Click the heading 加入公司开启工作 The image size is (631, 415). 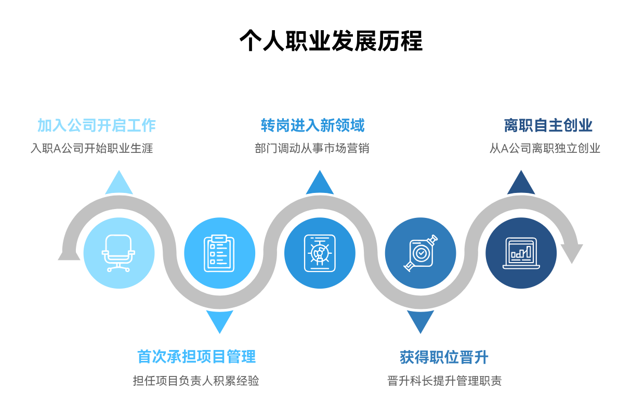(x=97, y=125)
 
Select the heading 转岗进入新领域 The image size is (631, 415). (x=313, y=125)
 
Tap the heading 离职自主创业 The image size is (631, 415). (x=548, y=125)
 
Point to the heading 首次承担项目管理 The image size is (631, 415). (x=196, y=357)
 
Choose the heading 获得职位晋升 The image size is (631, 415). (x=444, y=357)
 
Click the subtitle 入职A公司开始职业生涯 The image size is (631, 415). (x=91, y=148)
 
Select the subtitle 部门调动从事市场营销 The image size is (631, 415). (x=312, y=148)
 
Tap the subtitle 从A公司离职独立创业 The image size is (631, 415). (x=545, y=148)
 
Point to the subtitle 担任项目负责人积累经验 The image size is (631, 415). (x=196, y=381)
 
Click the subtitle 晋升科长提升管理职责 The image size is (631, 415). (x=444, y=381)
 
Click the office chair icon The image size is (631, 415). (x=119, y=253)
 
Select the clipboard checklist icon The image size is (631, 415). (x=219, y=253)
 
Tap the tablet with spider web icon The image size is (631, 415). (x=320, y=253)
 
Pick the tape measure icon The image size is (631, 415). (x=420, y=253)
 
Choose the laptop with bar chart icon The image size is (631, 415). (x=521, y=253)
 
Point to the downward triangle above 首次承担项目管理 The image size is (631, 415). (x=219, y=320)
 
